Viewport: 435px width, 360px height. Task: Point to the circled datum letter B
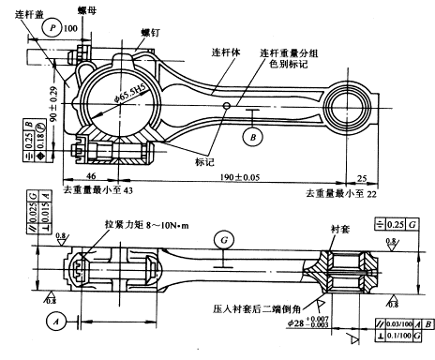tap(251, 137)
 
